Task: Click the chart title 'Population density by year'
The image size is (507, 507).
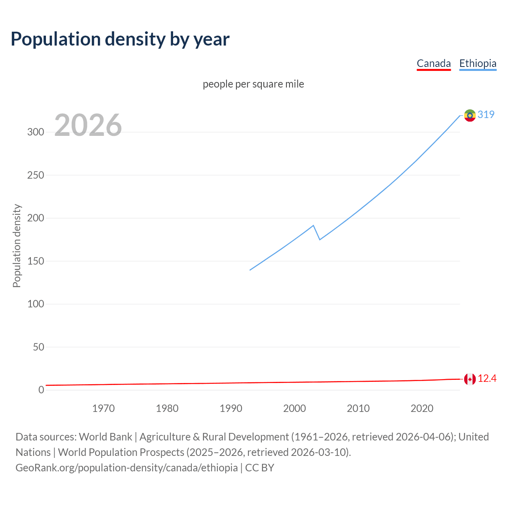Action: point(120,39)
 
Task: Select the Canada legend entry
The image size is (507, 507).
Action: point(434,63)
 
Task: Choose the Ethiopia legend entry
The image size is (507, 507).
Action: point(478,63)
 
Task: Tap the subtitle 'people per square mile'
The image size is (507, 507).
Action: point(253,84)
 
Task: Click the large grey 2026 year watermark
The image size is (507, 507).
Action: point(88,125)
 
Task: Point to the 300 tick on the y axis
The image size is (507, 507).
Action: point(36,132)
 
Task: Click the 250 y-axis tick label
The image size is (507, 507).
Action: point(36,175)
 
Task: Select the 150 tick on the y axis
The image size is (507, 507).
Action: point(36,261)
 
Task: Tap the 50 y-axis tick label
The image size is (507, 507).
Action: point(38,347)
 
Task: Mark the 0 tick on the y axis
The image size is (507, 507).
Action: point(41,390)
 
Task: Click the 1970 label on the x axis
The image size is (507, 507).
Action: point(103,408)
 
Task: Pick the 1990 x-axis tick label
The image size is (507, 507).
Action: point(231,408)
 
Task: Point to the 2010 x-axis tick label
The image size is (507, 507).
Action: point(358,408)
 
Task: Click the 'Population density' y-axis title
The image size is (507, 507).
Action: point(17,246)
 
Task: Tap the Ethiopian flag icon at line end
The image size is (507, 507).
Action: point(470,115)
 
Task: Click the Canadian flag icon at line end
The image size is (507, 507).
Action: point(470,379)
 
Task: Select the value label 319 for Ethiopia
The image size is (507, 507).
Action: point(486,114)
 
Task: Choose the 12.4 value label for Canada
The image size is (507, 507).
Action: point(487,379)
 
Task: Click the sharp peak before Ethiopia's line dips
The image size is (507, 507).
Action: point(313,225)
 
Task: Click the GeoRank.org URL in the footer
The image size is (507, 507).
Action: point(127,468)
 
